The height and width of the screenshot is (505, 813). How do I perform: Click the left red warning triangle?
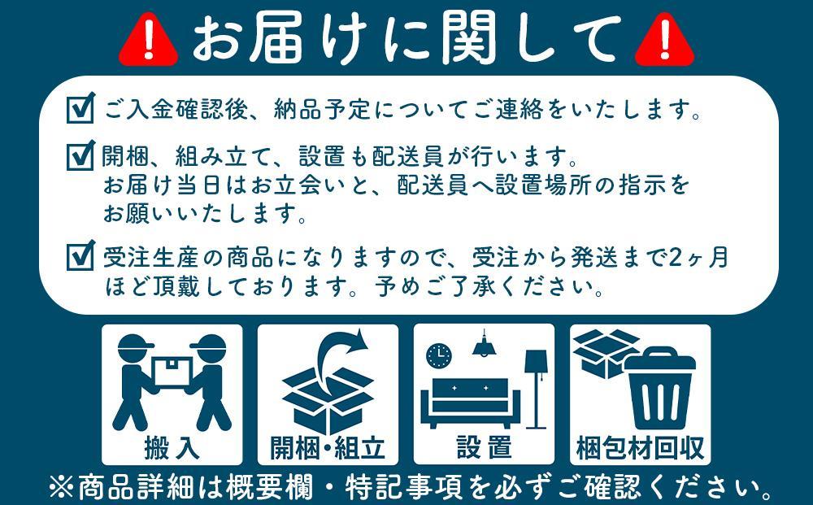tap(148, 40)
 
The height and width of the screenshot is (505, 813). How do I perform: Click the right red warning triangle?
tap(664, 40)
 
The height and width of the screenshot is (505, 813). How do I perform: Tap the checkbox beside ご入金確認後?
tap(80, 109)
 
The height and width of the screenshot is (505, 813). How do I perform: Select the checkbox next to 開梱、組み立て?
tap(80, 155)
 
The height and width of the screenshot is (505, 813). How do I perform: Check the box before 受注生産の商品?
tap(80, 258)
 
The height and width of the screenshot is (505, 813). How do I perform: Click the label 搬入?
tap(172, 446)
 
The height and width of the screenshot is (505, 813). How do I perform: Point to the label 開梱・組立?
tap(328, 446)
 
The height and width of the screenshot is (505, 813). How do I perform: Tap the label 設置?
tap(484, 446)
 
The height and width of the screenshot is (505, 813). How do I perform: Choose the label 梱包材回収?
tap(640, 446)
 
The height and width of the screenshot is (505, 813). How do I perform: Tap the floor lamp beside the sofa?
tap(536, 386)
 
